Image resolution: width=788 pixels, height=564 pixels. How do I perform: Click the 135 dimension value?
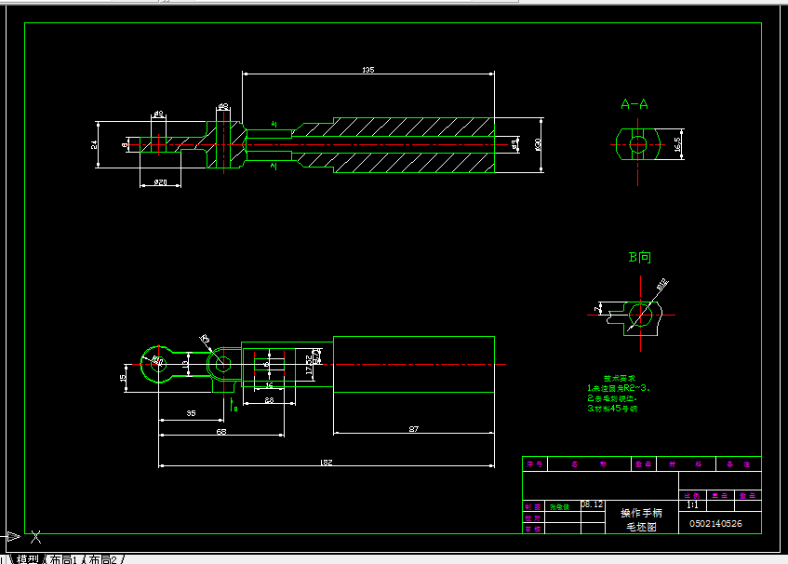tap(367, 70)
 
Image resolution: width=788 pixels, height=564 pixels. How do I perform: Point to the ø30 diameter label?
tap(538, 144)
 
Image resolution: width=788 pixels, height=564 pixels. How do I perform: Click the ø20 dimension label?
tap(160, 181)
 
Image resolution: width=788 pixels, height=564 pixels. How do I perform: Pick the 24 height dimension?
tap(95, 144)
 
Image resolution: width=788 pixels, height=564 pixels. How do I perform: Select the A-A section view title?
tap(634, 104)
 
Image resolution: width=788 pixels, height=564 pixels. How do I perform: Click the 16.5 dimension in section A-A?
tap(678, 144)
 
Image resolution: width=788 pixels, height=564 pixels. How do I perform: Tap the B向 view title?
tap(640, 256)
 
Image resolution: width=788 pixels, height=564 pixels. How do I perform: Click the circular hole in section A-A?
tap(638, 144)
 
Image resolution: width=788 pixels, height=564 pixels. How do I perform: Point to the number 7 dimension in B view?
tap(596, 307)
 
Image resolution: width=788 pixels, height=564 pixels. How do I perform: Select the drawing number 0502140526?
tap(715, 523)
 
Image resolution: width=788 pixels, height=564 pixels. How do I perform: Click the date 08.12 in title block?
tap(592, 504)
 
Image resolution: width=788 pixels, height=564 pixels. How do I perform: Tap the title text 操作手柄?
tap(641, 513)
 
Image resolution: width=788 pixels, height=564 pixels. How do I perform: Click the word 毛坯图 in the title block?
tap(641, 527)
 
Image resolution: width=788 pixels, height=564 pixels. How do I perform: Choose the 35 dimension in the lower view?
tap(191, 412)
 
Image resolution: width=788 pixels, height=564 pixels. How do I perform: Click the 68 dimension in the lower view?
tap(221, 432)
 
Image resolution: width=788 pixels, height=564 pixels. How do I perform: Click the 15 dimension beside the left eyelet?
tap(124, 377)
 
